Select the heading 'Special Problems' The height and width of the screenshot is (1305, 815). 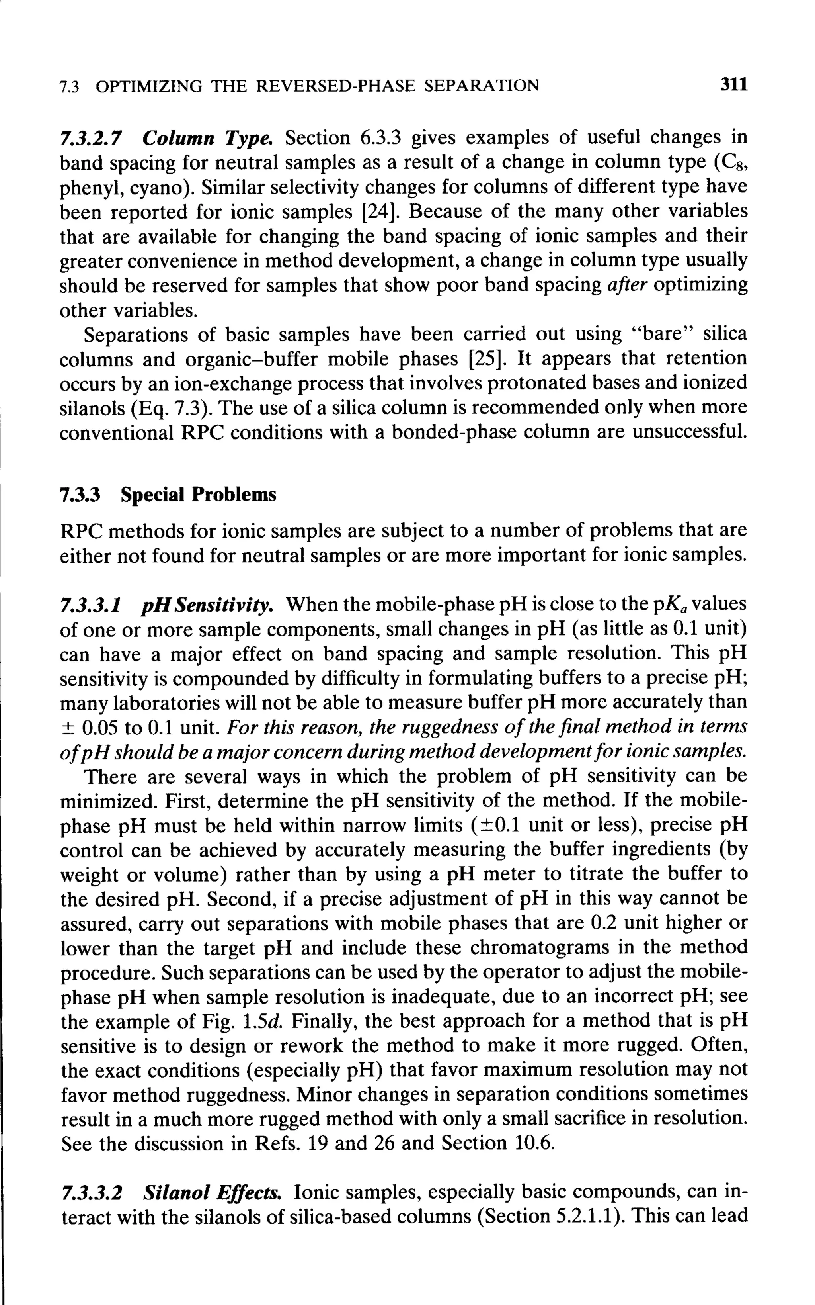pos(198,495)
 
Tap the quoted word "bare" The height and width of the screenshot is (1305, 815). pos(666,335)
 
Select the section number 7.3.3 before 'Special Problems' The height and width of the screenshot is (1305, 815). pos(80,495)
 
